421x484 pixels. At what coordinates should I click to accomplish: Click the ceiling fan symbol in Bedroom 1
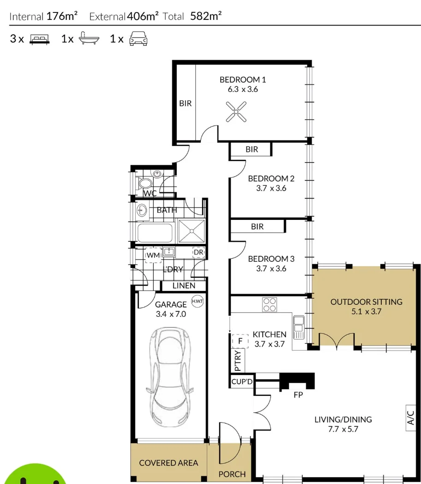coord(236,112)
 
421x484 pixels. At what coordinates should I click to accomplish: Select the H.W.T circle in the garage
coord(198,301)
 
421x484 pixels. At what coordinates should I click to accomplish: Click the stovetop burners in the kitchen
coord(270,305)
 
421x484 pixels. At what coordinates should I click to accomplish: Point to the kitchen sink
coord(299,327)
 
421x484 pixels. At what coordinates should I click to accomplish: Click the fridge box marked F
coord(240,341)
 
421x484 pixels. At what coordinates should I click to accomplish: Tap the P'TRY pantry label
coord(237,360)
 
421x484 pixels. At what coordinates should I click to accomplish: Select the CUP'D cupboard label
coord(242,381)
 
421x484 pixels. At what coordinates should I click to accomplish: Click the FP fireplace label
coord(298,395)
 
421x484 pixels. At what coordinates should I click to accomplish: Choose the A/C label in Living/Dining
coord(410,418)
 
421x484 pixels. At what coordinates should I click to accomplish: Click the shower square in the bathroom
coord(192,231)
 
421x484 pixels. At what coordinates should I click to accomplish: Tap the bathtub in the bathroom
coord(155,233)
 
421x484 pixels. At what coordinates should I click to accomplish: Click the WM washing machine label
coord(153,255)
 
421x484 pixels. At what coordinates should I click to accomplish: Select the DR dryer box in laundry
coord(198,252)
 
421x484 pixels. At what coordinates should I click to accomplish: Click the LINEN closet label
coord(184,286)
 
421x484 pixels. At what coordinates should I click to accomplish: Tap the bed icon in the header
coord(40,39)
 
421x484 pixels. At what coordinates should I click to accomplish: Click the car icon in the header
coord(138,39)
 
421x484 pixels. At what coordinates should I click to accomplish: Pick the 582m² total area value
coord(206,16)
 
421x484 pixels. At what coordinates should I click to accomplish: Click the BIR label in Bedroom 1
coord(186,103)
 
